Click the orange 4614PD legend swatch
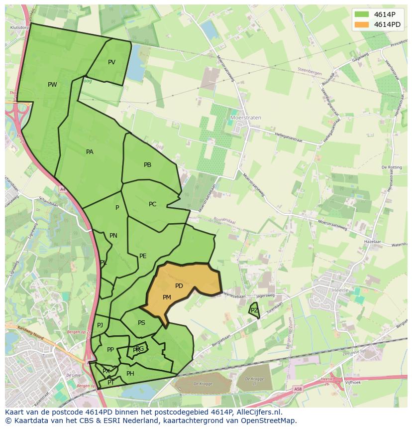(362, 24)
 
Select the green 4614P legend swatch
(362, 14)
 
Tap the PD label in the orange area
(179, 286)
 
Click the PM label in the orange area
(167, 297)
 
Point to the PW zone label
(52, 85)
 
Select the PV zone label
(111, 62)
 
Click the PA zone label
(90, 152)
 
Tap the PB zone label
(147, 165)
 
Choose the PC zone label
(152, 204)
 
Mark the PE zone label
(143, 256)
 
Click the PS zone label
(141, 323)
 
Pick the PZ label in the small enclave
(254, 310)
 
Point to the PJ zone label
(100, 325)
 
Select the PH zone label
(130, 374)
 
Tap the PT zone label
(111, 383)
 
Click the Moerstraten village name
(246, 118)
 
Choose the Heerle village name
(340, 289)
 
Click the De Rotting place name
(392, 167)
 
